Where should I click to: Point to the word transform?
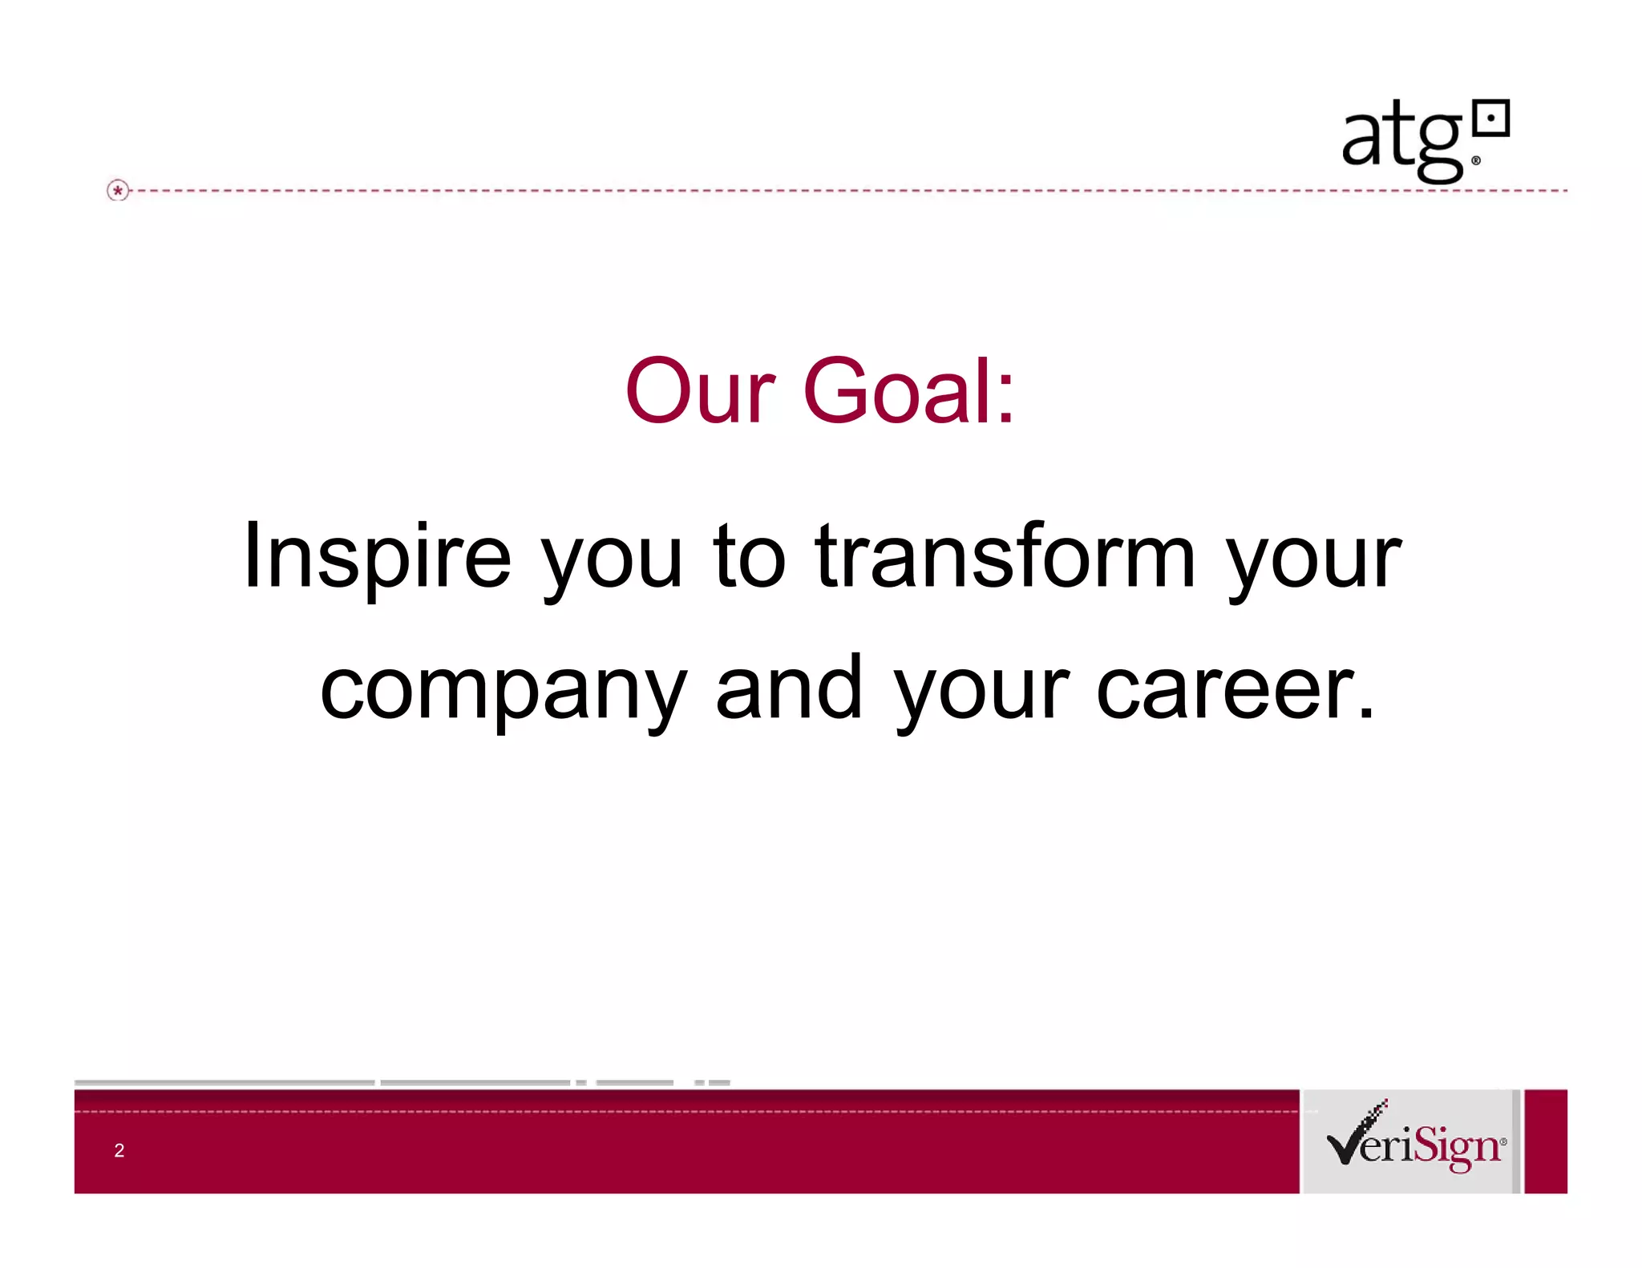point(1005,555)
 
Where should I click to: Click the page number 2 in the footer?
point(119,1150)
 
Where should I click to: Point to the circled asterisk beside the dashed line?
point(118,191)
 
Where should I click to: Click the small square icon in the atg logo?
point(1492,119)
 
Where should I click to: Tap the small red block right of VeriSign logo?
point(1545,1141)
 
